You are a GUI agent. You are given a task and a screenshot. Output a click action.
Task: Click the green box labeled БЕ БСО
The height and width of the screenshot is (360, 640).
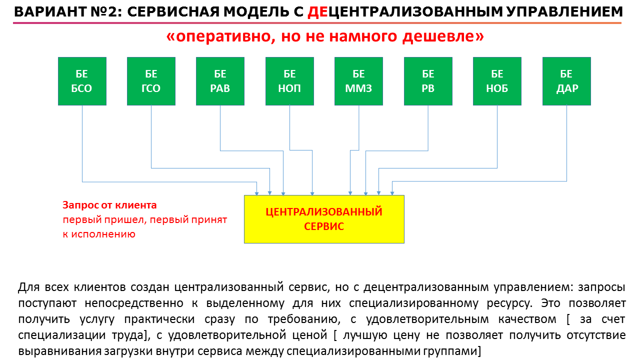(82, 81)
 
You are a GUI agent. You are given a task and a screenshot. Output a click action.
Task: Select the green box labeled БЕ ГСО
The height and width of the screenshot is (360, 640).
(151, 81)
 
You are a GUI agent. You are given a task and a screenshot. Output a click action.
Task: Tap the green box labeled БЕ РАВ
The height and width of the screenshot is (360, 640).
(220, 81)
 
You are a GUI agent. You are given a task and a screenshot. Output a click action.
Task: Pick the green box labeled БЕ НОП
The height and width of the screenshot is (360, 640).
(289, 81)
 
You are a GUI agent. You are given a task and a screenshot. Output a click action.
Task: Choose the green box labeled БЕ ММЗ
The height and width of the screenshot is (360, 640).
(359, 81)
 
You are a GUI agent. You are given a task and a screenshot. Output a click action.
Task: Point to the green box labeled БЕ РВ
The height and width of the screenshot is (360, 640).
(428, 81)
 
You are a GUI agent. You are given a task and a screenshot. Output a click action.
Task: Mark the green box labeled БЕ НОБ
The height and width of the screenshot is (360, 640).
(497, 81)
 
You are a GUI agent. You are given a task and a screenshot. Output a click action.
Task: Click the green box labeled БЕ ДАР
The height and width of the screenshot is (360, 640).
(566, 81)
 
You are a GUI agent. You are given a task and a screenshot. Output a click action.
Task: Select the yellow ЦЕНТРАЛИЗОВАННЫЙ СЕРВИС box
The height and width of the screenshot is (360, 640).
(324, 219)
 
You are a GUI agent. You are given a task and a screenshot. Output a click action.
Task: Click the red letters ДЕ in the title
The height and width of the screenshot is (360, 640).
(317, 12)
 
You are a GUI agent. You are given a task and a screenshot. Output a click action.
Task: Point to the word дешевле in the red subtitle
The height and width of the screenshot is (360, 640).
(443, 36)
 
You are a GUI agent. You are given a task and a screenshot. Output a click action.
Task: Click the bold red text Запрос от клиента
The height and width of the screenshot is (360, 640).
(109, 205)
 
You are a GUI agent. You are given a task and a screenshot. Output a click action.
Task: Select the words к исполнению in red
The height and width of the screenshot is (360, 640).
(99, 234)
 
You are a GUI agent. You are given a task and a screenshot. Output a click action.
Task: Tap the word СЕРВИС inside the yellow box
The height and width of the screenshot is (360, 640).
(324, 226)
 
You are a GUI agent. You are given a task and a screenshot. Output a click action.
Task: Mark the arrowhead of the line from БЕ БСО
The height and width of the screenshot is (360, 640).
(257, 193)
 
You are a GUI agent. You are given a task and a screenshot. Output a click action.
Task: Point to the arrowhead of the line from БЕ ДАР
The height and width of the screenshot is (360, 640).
(392, 193)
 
